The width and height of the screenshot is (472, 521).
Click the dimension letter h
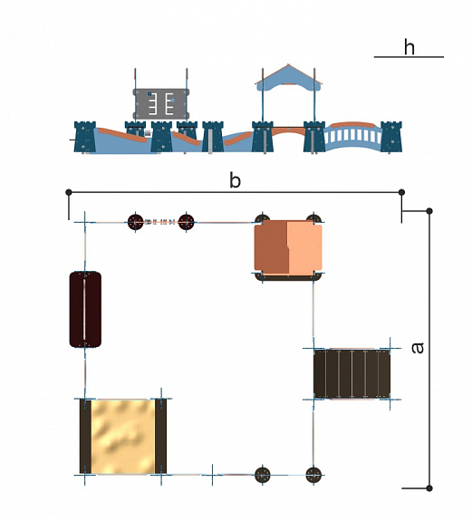pyautogui.click(x=409, y=47)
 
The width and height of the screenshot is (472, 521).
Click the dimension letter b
pyautogui.click(x=235, y=180)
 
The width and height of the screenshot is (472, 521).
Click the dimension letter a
pyautogui.click(x=418, y=348)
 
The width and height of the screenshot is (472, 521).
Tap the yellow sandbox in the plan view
pyautogui.click(x=123, y=437)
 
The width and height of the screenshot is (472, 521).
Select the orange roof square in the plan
pyautogui.click(x=288, y=248)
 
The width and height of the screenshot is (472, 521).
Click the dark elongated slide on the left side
pyautogui.click(x=85, y=309)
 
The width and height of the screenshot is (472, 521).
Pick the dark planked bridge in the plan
pyautogui.click(x=352, y=374)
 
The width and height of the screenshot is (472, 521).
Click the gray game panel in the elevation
pyautogui.click(x=161, y=104)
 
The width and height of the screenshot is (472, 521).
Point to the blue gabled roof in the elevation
pyautogui.click(x=288, y=79)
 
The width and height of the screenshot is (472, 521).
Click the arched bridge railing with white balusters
pyautogui.click(x=352, y=137)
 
